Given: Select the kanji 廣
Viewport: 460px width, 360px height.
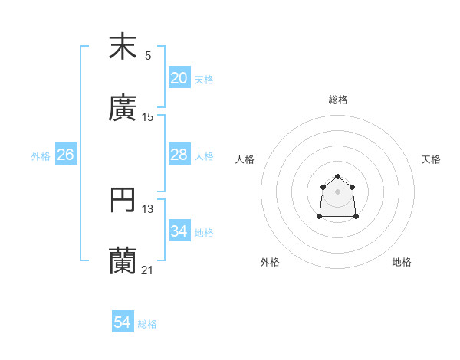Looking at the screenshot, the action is [x=123, y=108].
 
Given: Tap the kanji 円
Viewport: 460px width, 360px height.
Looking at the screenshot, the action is [x=123, y=200].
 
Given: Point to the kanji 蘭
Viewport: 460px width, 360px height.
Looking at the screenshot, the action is [x=123, y=261].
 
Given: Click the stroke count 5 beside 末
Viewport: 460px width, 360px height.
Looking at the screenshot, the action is [x=148, y=55].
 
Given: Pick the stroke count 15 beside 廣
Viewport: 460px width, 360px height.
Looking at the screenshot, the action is [x=148, y=117].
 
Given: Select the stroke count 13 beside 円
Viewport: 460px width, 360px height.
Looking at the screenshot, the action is [x=148, y=209].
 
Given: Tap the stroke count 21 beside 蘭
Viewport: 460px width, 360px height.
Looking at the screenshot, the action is [x=148, y=270].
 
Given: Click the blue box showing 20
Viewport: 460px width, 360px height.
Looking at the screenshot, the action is [x=179, y=78].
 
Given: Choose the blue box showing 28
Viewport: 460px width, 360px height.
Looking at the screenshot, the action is [x=179, y=155].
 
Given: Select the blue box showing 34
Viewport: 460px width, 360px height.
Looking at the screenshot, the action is [x=179, y=231].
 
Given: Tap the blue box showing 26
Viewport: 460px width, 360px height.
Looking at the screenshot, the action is [x=66, y=155].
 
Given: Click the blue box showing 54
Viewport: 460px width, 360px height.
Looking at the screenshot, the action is [x=123, y=323].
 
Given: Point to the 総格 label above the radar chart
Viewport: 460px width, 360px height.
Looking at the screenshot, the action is [x=338, y=100].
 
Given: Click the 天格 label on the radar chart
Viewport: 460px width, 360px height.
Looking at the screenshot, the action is [x=432, y=159].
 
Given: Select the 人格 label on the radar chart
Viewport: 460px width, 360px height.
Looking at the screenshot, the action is [x=245, y=159].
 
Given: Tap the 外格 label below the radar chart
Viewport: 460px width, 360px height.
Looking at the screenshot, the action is [x=270, y=262].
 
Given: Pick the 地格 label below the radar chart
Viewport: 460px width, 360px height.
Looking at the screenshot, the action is [x=402, y=262].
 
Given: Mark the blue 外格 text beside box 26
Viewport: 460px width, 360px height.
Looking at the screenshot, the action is [x=41, y=155].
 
